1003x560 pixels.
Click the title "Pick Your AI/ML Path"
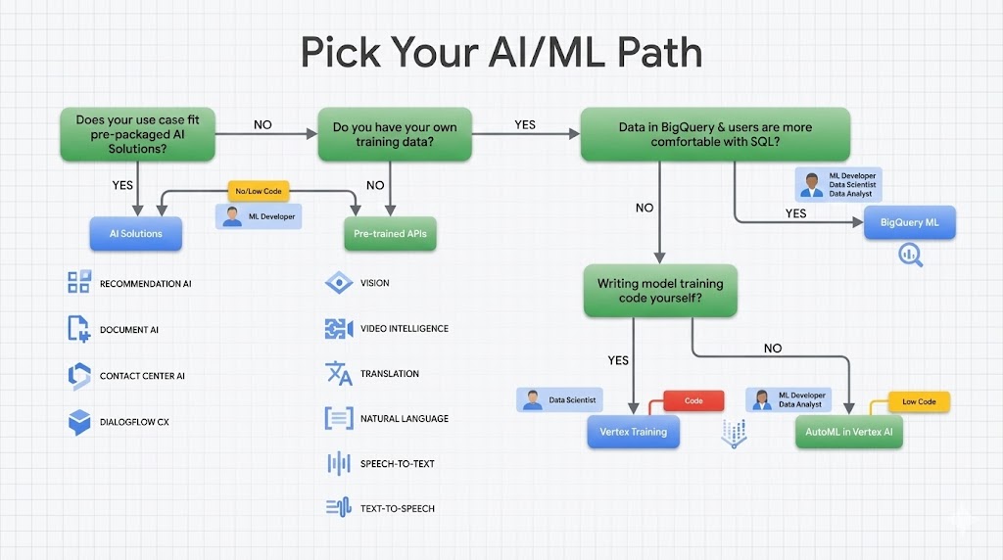pos(501,52)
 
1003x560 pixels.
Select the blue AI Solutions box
pos(136,233)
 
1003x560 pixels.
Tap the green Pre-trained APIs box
pos(390,234)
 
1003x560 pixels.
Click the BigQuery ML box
pos(909,222)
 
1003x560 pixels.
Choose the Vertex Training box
pos(633,432)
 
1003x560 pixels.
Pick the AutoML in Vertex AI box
pos(848,432)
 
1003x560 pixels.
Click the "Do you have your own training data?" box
pos(395,134)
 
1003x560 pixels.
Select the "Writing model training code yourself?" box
pos(659,291)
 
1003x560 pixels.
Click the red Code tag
pos(693,400)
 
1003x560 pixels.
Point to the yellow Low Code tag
pos(919,401)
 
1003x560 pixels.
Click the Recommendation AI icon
pos(78,283)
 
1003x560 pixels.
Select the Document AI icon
pos(78,329)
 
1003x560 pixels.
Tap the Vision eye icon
pos(338,283)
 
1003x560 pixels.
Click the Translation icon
pos(338,374)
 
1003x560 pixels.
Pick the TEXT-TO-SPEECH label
pos(397,508)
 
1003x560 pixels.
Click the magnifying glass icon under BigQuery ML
pos(911,255)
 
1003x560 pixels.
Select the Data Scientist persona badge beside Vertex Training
pos(559,399)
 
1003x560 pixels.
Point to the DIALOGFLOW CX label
pos(135,422)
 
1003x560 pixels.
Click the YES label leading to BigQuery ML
pos(796,212)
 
